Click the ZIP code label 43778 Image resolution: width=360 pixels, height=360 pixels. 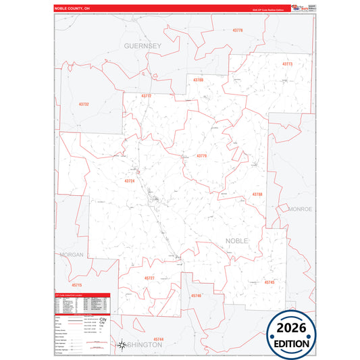click(237, 30)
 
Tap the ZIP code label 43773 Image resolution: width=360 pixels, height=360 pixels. click(287, 64)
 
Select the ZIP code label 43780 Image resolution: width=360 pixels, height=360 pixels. click(198, 80)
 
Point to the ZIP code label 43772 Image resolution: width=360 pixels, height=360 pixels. click(147, 96)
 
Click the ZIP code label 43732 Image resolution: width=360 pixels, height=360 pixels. click(84, 104)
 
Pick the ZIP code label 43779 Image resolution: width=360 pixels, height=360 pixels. click(201, 156)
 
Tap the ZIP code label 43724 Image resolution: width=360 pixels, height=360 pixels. click(130, 181)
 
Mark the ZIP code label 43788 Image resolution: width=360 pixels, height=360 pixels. click(257, 195)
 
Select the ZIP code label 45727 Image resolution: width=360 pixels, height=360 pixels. click(149, 278)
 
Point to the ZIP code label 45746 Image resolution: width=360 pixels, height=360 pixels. click(196, 295)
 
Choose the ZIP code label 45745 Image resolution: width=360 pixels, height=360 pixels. click(269, 282)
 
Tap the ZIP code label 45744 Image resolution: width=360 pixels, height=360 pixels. click(158, 338)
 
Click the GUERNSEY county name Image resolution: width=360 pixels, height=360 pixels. click(143, 45)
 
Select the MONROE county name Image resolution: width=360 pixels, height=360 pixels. click(300, 209)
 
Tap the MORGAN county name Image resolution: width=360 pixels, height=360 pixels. click(71, 255)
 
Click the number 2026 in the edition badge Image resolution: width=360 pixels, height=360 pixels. click(291, 328)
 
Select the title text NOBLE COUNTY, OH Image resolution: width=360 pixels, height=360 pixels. click(72, 8)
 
